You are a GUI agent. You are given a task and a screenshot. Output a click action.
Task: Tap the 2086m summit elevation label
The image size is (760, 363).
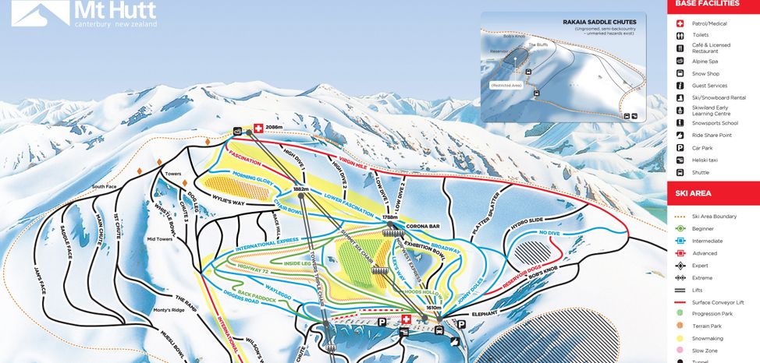(273, 127)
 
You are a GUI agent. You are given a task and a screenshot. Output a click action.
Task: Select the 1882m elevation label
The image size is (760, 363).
(302, 189)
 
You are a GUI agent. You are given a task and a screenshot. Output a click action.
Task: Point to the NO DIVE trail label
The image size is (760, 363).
(550, 232)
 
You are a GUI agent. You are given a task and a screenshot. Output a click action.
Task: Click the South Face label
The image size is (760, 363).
(104, 187)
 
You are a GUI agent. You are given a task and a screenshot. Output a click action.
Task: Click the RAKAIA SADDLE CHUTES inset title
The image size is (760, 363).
(599, 22)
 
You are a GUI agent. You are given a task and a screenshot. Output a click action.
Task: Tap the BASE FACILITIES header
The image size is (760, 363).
(707, 4)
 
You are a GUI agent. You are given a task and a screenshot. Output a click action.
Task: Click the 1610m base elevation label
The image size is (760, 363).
(435, 308)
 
